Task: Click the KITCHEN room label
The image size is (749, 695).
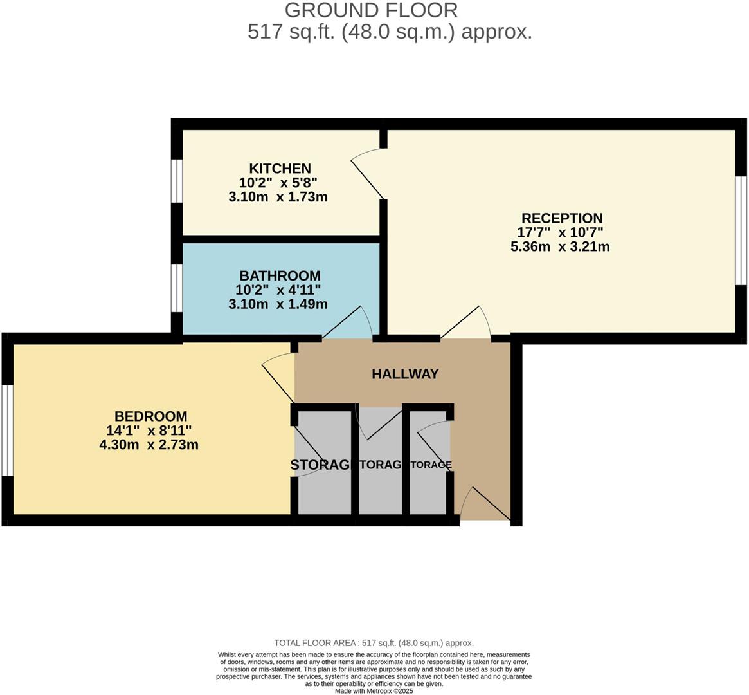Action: pos(280,169)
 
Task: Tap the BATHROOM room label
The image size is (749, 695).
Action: pos(280,276)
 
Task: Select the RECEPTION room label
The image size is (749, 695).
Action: pos(561,218)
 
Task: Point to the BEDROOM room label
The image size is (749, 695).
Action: pos(150,416)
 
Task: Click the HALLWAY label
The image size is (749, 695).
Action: pos(405,374)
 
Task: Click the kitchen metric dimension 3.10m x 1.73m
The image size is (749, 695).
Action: pos(278,197)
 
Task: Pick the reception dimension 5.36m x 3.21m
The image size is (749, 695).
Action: pos(560,246)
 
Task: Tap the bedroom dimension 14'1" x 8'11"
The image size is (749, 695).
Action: pos(149,431)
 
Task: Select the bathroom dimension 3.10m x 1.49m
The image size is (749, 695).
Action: pos(278,304)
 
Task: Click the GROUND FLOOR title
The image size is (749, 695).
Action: pos(371,10)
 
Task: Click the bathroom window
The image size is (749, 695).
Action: pos(176,288)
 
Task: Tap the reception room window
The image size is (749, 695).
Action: pos(741,230)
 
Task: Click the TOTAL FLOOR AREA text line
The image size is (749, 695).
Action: pos(374,642)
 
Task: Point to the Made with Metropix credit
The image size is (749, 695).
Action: pos(374,691)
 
